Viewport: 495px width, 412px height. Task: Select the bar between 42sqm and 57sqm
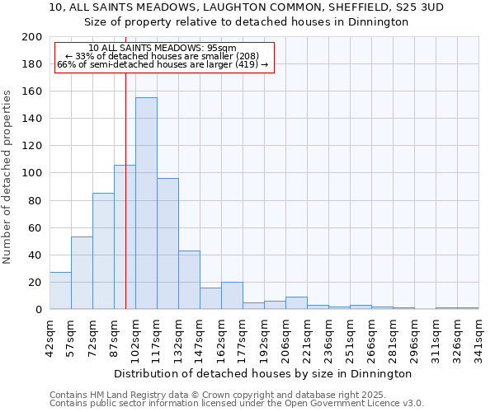tap(60, 291)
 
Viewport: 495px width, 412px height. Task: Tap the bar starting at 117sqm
tap(167, 244)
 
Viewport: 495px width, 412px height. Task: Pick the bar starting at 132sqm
tap(189, 280)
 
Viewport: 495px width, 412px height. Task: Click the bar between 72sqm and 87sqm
tap(103, 251)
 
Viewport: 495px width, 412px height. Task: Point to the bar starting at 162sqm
tap(232, 296)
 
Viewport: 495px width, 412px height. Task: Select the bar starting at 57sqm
tap(82, 273)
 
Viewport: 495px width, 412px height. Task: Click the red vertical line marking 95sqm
tap(125, 206)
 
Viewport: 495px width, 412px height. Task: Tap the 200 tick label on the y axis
tap(32, 37)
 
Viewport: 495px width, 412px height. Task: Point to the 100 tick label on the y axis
tap(32, 173)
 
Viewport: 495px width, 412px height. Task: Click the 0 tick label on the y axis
tap(39, 310)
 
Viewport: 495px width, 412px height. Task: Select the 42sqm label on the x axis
tap(50, 336)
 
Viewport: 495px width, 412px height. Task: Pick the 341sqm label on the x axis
tap(479, 336)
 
